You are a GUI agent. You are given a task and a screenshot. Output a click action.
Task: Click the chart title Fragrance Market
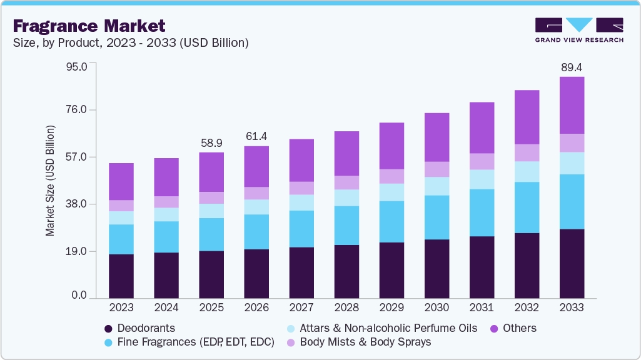point(89,26)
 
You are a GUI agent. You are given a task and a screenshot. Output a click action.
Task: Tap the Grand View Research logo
point(579,30)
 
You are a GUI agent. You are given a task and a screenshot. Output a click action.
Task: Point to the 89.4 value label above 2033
point(572,67)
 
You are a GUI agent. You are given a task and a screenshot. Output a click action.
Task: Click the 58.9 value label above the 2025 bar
point(211,143)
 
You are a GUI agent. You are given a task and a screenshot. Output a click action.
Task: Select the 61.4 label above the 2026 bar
point(256,136)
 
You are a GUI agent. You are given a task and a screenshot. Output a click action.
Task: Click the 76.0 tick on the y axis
point(76,109)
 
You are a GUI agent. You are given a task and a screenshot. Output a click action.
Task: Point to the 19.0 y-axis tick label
point(76,251)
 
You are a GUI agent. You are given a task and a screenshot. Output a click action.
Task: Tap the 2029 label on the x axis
point(391,307)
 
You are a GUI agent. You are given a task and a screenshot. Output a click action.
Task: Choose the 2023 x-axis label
point(121,307)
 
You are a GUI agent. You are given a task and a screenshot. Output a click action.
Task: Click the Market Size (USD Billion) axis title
point(50,181)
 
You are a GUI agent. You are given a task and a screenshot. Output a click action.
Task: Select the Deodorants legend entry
point(140,328)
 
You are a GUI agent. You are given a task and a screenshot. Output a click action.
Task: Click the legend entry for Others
point(513,328)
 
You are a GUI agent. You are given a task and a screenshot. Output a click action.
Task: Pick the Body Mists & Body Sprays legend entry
point(360,342)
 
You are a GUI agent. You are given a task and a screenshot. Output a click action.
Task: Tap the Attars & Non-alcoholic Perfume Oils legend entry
point(382,328)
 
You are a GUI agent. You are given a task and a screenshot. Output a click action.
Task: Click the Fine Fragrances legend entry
point(189,342)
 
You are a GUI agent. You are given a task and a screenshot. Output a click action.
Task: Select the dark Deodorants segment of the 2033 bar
point(572,264)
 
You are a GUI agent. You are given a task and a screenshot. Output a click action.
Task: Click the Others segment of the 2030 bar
point(437,137)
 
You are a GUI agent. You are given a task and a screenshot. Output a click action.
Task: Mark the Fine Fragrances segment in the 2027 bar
point(301,229)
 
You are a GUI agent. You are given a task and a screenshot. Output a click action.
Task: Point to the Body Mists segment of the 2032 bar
point(527,153)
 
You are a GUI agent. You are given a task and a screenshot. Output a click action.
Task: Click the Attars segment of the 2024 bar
point(166,214)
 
